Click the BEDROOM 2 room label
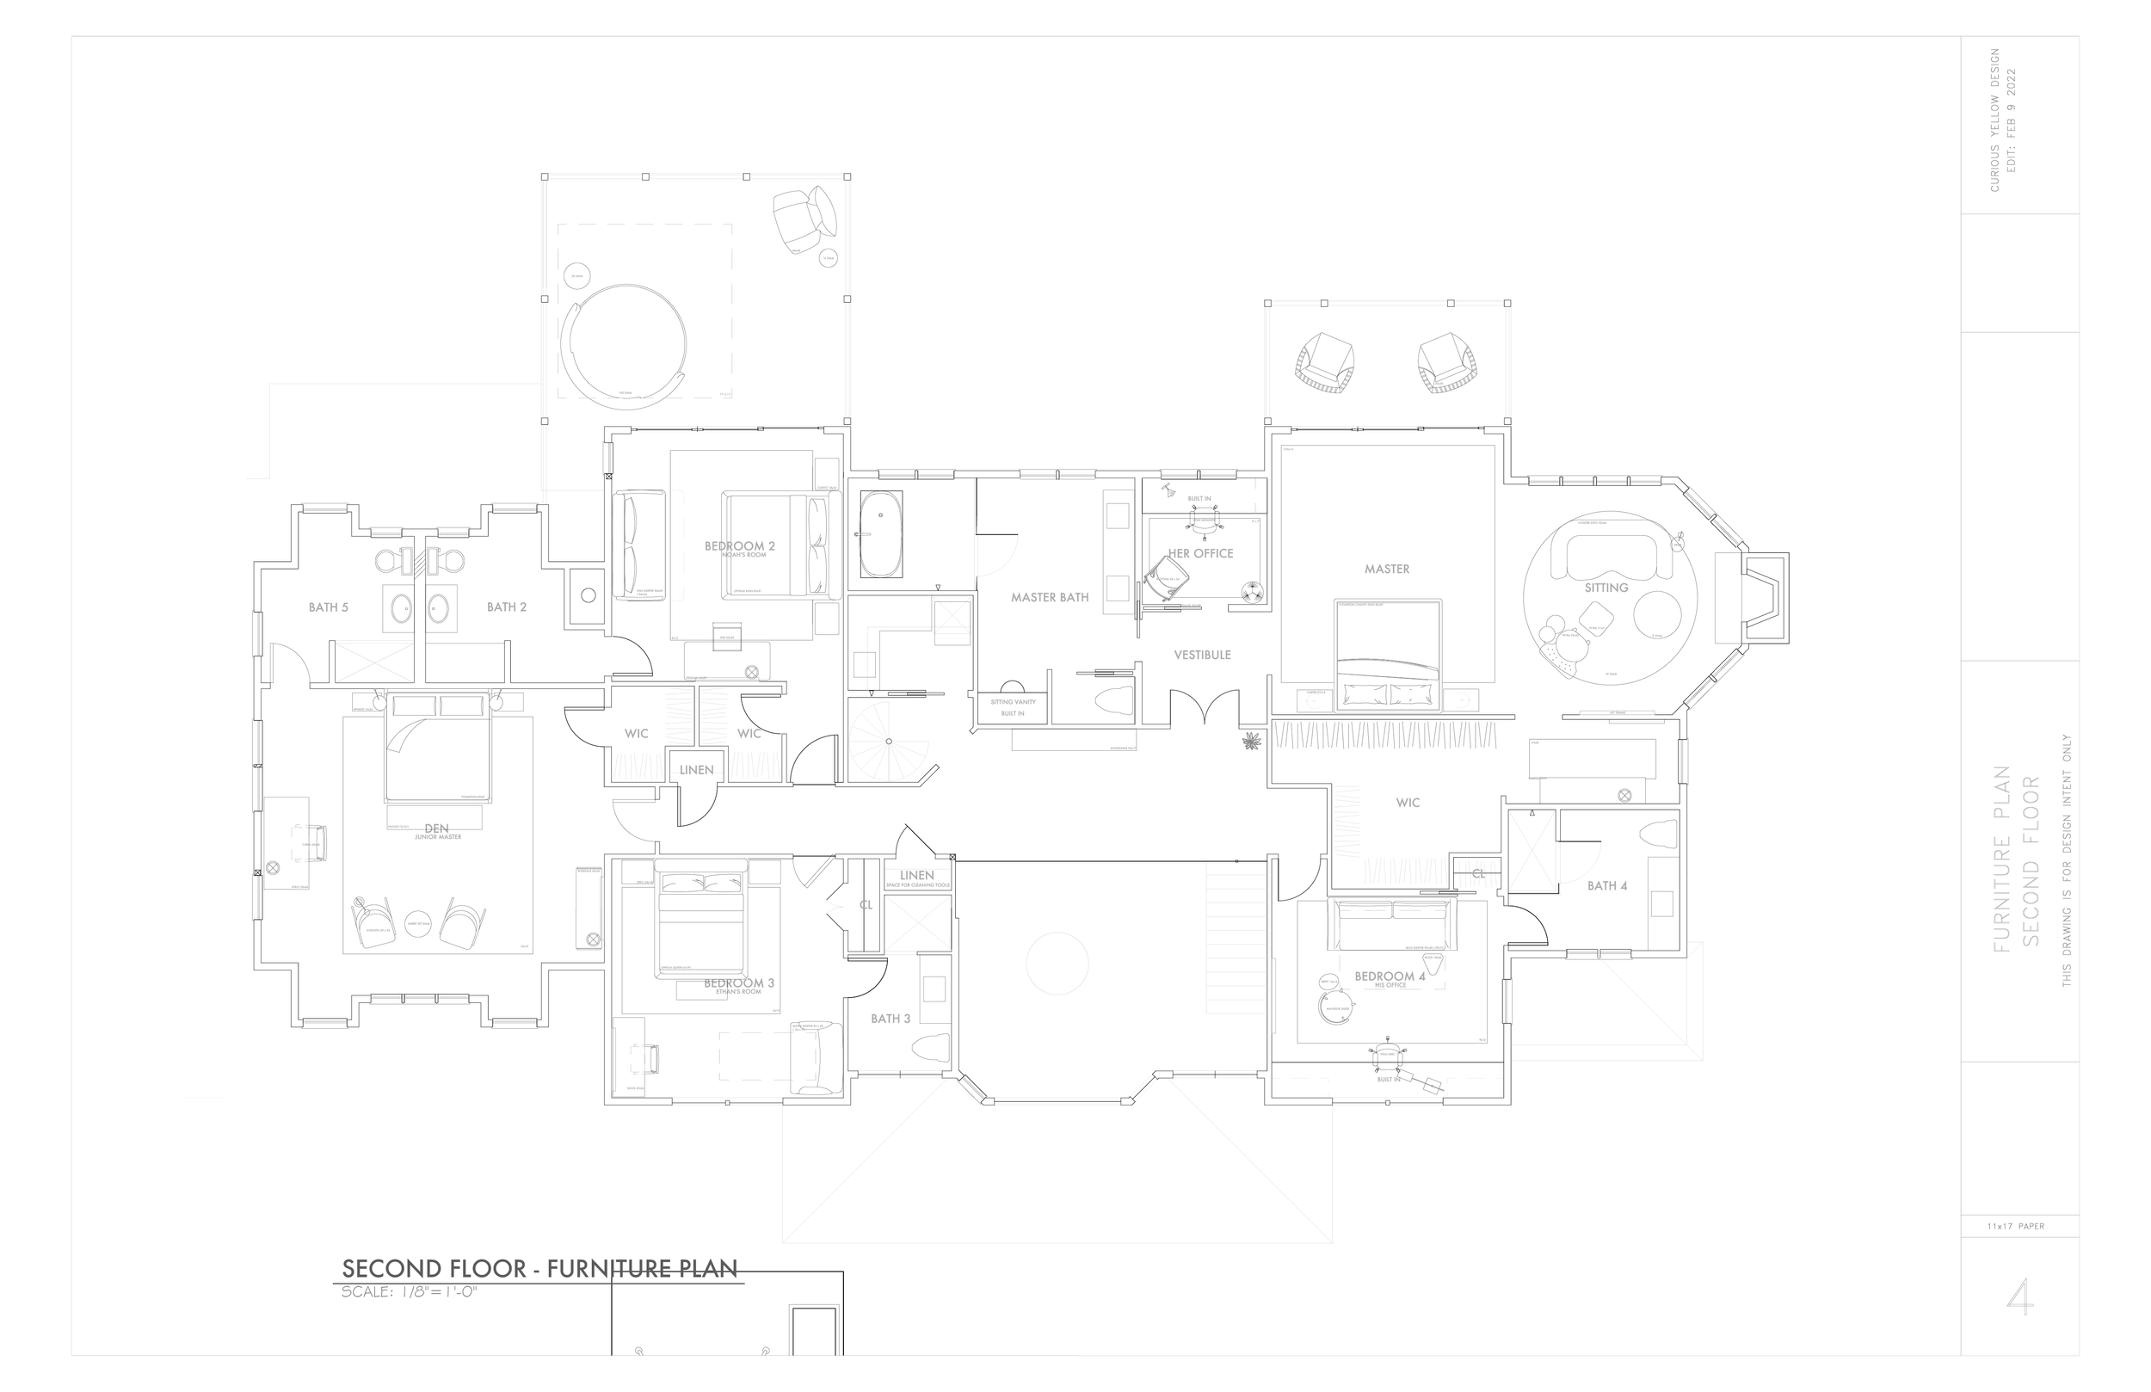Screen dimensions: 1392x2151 coord(739,546)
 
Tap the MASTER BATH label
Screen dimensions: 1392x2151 coord(1050,597)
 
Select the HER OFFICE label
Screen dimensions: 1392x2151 coord(1200,553)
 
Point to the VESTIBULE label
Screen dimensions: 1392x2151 coord(1202,655)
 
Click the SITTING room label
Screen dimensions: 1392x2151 coord(1606,588)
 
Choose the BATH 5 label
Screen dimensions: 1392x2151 coord(328,607)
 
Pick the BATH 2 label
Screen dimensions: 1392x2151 coord(506,607)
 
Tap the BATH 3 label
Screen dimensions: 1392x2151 coord(891,1019)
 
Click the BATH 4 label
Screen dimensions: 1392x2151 coord(1607,886)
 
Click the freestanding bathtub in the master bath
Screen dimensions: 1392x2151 coord(880,534)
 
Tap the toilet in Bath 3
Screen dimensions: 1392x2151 coord(931,1048)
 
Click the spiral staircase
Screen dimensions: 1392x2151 coord(888,742)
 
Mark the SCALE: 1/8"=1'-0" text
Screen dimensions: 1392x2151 coord(409,1291)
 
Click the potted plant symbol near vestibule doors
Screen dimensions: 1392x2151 coord(1252,742)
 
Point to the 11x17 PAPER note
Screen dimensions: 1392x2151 coord(2015,1227)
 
